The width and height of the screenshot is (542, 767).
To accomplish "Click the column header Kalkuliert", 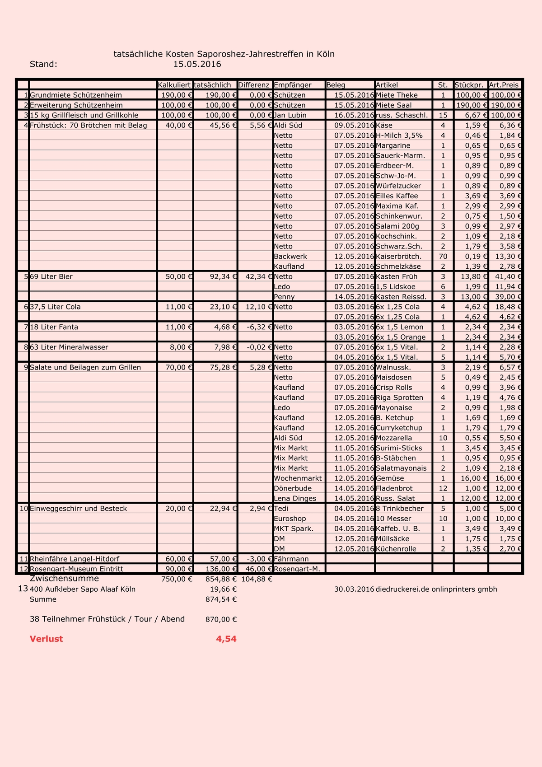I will point(174,85).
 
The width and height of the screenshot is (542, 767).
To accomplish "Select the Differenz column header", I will point(254,85).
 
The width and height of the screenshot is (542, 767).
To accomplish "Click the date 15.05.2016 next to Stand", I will point(197,64).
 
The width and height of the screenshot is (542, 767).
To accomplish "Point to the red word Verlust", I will point(46,639).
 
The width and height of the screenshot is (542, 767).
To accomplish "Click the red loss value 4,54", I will point(226,639).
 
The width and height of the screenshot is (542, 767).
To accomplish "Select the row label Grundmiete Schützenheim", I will point(75,95).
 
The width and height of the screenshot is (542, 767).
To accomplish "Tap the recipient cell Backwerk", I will point(290,257).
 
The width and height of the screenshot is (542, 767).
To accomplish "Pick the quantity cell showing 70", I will point(443,257).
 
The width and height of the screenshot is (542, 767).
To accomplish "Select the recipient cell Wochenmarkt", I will point(298,478).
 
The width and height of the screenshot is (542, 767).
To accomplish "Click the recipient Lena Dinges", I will point(295,498).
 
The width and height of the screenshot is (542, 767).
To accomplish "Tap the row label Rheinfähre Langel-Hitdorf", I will point(75,559).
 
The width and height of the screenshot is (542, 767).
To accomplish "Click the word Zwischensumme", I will point(64,579).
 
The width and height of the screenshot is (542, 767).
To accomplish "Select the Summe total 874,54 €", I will point(221,599).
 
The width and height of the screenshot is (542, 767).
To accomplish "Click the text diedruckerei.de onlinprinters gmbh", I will point(436,589).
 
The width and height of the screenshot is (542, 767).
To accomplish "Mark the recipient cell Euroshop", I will point(290,519).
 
